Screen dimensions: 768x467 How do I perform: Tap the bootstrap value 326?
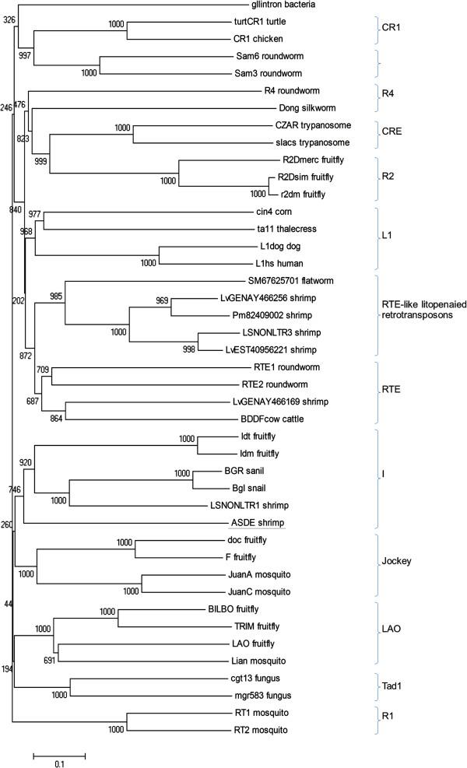(x=9, y=19)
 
